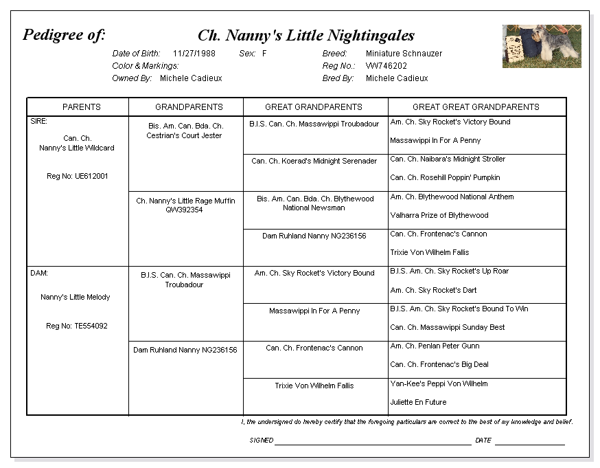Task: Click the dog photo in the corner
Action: [x=542, y=46]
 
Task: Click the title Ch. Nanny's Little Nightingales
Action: [x=306, y=36]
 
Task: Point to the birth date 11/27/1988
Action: [x=194, y=54]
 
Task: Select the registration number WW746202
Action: [x=386, y=66]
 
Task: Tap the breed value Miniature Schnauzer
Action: [x=404, y=54]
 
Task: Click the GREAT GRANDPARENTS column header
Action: [x=314, y=107]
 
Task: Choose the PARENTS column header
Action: [x=82, y=107]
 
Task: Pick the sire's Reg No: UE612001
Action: [x=78, y=177]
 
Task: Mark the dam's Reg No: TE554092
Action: [x=77, y=326]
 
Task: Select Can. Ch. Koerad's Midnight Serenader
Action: [x=314, y=161]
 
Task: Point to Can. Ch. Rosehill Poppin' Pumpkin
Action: [x=445, y=178]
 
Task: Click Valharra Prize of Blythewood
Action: [x=439, y=216]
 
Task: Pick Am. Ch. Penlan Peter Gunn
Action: [x=435, y=346]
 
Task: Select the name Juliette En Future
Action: [x=418, y=403]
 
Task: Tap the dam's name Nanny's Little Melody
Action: [x=76, y=298]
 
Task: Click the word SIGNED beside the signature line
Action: [x=262, y=441]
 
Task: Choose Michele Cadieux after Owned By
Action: [x=191, y=78]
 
